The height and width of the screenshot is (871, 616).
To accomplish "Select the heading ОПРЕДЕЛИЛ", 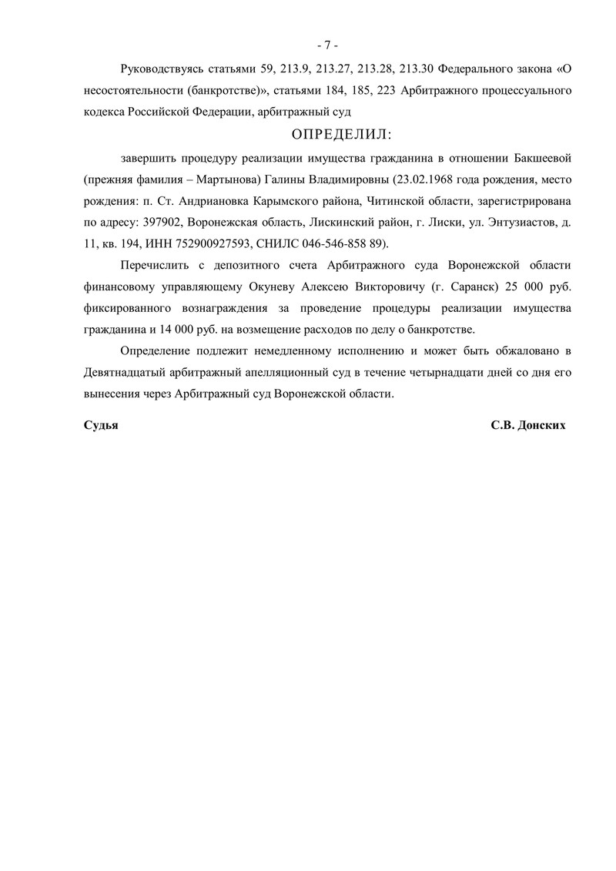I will pyautogui.click(x=341, y=135).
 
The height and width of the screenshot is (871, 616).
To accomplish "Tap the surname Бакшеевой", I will pyautogui.click(x=541, y=159).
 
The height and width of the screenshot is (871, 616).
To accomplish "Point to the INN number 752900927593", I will pyautogui.click(x=206, y=244).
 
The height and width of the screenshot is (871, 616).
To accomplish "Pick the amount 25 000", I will pyautogui.click(x=524, y=286).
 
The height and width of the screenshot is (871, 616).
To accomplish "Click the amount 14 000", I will pyautogui.click(x=195, y=330).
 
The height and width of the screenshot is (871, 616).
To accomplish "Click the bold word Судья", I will pyautogui.click(x=101, y=426).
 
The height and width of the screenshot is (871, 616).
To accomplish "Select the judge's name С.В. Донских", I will pyautogui.click(x=527, y=426).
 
